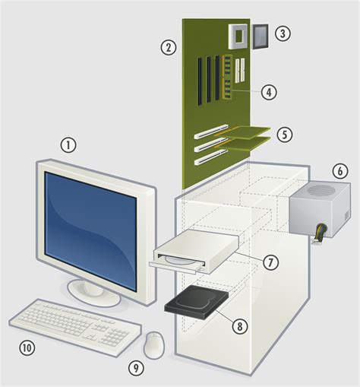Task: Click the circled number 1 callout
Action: (x=69, y=144)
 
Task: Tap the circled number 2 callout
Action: (x=169, y=47)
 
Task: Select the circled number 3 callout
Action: (x=283, y=33)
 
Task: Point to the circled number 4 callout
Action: (x=268, y=92)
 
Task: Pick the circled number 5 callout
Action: (x=284, y=135)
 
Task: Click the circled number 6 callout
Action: (x=340, y=171)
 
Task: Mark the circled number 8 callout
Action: (x=240, y=326)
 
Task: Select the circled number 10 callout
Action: (x=27, y=348)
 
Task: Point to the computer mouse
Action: (x=155, y=344)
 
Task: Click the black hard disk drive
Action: (x=196, y=304)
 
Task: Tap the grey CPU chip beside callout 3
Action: (x=263, y=35)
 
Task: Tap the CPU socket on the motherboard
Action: (x=238, y=34)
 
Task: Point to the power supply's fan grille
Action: (x=323, y=191)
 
